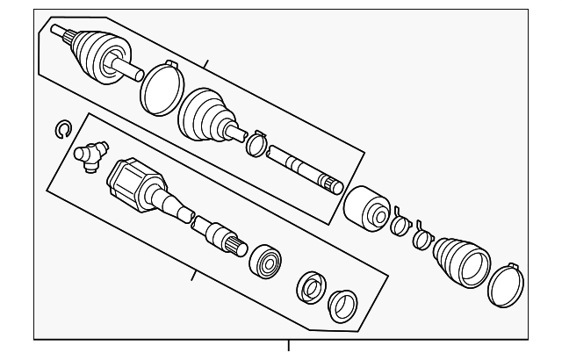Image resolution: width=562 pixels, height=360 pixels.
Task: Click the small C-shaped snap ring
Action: pyautogui.click(x=61, y=130)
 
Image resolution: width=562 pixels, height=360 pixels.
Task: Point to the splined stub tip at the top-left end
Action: pyautogui.click(x=58, y=33)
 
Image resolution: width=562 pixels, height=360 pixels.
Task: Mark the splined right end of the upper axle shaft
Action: pyautogui.click(x=331, y=185)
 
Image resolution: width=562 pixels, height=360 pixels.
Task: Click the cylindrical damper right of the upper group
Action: pyautogui.click(x=367, y=211)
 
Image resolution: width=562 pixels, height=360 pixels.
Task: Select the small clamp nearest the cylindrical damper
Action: pyautogui.click(x=400, y=224)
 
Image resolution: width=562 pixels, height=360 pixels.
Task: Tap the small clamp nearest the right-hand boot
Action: pyautogui.click(x=421, y=236)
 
